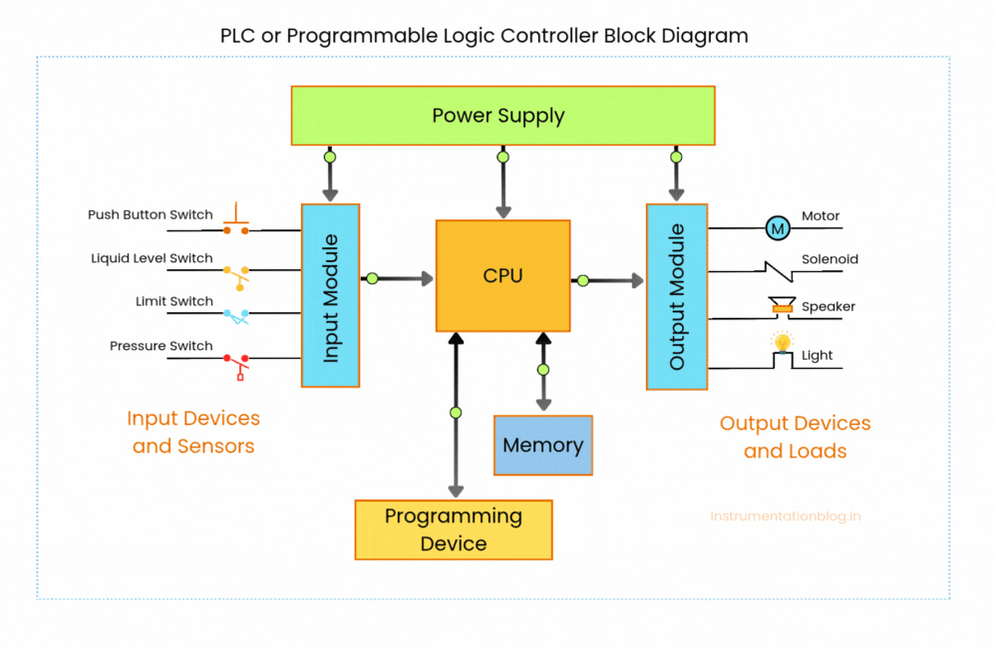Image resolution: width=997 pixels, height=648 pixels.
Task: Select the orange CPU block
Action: click(502, 276)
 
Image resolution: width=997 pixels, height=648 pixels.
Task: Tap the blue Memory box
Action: click(543, 445)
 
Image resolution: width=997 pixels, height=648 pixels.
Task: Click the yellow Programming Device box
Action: click(454, 529)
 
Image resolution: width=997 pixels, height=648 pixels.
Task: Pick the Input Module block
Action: click(330, 296)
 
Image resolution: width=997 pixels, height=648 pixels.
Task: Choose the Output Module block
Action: click(677, 296)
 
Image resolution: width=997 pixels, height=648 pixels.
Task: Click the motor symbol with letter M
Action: click(777, 228)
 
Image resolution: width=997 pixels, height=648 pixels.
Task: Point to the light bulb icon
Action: click(783, 344)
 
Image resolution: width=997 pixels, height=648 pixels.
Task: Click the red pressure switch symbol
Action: click(236, 363)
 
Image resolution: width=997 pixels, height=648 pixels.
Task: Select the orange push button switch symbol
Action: click(236, 221)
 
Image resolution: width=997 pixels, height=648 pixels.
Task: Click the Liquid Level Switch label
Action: click(152, 258)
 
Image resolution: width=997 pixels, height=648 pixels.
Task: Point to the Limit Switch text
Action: click(174, 301)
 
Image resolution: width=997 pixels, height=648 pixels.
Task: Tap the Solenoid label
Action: click(830, 259)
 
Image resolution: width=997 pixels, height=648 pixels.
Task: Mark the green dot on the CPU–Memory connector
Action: click(543, 370)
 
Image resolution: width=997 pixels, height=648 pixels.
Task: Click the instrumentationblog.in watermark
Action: click(786, 516)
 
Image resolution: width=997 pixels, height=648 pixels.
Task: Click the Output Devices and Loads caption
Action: click(795, 437)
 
